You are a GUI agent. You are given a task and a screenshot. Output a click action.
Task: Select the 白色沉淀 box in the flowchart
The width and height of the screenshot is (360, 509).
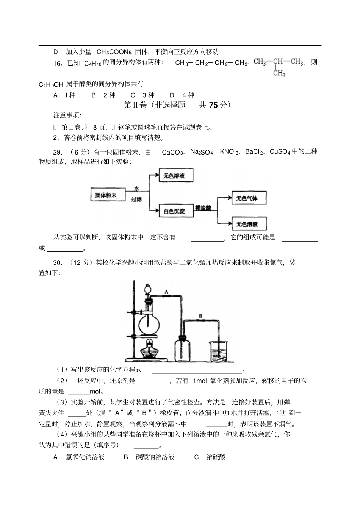point(174,211)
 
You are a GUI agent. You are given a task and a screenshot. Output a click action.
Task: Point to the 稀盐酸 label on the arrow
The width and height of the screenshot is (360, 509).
point(203,208)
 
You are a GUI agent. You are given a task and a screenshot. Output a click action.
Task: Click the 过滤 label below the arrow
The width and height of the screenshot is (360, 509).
point(136,199)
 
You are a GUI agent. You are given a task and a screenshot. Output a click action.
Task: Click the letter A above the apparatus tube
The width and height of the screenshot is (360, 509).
point(166,292)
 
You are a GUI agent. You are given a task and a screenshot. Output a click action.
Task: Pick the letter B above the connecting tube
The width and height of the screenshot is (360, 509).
point(200,316)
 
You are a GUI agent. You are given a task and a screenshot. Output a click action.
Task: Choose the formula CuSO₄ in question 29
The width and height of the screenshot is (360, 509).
point(280,152)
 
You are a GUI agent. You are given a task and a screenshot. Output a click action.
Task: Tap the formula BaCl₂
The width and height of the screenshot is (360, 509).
point(254,152)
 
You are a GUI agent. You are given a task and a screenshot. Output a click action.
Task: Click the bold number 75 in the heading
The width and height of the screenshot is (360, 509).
point(214,105)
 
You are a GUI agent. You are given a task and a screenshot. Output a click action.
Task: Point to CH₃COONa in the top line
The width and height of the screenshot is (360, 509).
point(114,52)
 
